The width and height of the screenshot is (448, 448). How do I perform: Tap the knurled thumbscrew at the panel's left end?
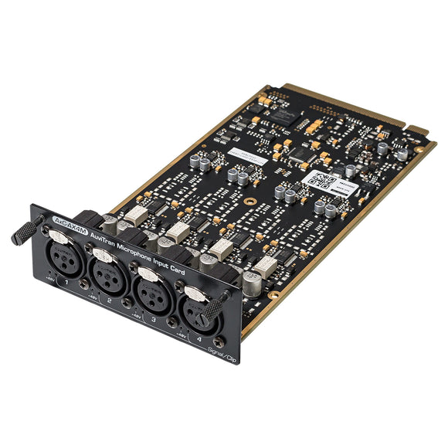[25, 229]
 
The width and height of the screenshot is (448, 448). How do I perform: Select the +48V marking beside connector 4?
[182, 336]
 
